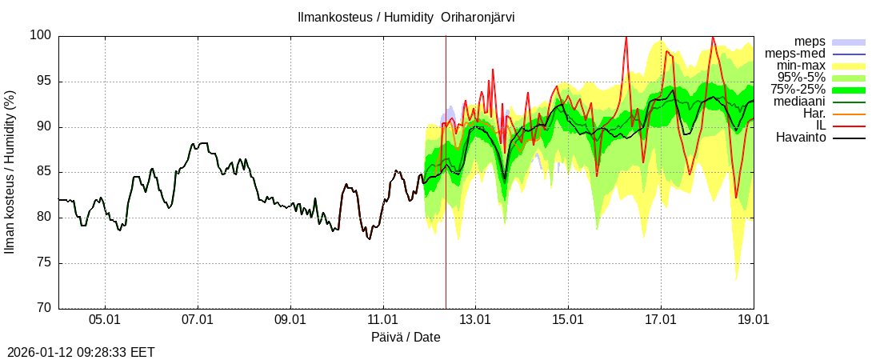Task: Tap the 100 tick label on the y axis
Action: click(x=42, y=35)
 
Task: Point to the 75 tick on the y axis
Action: click(x=44, y=262)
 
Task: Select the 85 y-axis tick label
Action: click(x=44, y=172)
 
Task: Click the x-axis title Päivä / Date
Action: click(x=406, y=338)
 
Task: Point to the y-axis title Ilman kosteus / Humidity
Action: click(x=10, y=172)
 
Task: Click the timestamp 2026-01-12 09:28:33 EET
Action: click(x=81, y=352)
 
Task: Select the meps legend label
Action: click(x=810, y=42)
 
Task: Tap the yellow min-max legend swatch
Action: click(x=849, y=66)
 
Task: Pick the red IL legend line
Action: click(x=849, y=126)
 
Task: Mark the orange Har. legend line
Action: click(x=849, y=114)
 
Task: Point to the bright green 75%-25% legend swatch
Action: click(x=849, y=90)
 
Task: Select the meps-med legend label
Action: click(x=795, y=54)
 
